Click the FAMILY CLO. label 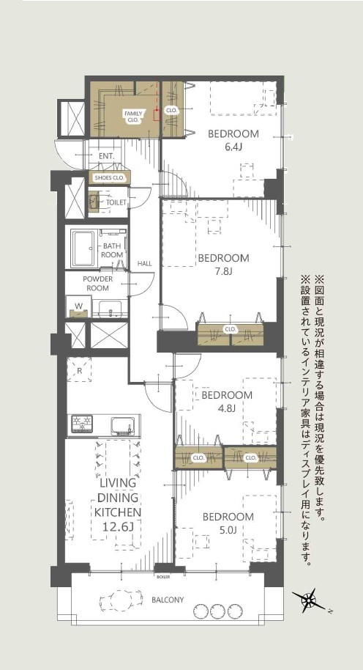(x=132, y=117)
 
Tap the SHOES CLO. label (x=109, y=178)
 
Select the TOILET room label (x=116, y=202)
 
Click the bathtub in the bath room (x=84, y=249)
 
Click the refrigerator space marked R (x=79, y=370)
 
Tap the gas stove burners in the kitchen (x=83, y=424)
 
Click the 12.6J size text (x=118, y=526)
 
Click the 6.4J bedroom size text (x=233, y=147)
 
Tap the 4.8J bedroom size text (x=226, y=408)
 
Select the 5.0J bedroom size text (x=228, y=530)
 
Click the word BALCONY (x=168, y=600)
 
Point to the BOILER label (x=163, y=577)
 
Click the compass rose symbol (x=309, y=600)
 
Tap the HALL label (x=145, y=264)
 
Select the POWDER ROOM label (x=98, y=283)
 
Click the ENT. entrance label (x=107, y=156)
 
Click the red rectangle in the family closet (x=157, y=115)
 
